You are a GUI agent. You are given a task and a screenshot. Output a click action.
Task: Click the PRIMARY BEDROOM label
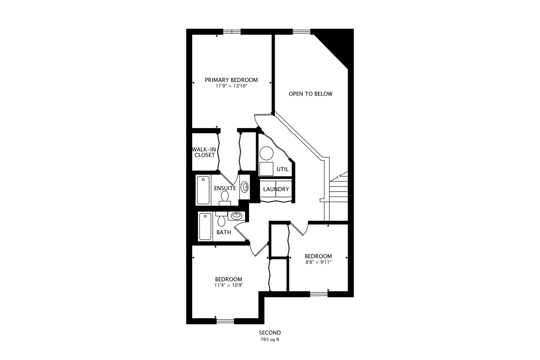coord(231,80)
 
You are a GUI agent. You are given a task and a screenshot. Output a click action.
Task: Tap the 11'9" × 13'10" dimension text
coord(231,86)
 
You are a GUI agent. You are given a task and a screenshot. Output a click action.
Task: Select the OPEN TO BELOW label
coord(311,94)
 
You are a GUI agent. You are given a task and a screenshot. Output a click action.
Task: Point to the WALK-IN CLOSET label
coord(204,152)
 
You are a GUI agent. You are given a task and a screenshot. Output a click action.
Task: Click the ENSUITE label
coord(225,188)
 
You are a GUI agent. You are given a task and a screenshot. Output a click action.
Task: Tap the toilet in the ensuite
coord(225,198)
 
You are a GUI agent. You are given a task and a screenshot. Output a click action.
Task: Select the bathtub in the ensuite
coord(203,190)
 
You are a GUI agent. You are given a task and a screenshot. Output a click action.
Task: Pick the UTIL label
coord(283,169)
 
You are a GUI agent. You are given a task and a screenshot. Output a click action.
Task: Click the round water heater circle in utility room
coord(266,153)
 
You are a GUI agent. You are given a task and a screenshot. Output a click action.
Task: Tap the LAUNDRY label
coord(276,189)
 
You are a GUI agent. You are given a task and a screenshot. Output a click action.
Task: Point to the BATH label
coord(224,232)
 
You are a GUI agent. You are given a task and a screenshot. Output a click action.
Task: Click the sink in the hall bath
coord(236,216)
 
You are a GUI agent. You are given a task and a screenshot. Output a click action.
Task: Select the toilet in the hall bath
coord(221,219)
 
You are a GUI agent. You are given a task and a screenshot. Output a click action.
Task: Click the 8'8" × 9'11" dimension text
coord(318,262)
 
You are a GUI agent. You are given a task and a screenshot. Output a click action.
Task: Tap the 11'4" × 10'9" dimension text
coord(229,285)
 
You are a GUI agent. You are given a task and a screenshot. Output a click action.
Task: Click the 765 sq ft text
coord(270,340)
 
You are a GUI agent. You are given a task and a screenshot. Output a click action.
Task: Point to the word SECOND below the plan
coord(270,333)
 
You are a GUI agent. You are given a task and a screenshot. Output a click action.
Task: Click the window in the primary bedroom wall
coord(232,32)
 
